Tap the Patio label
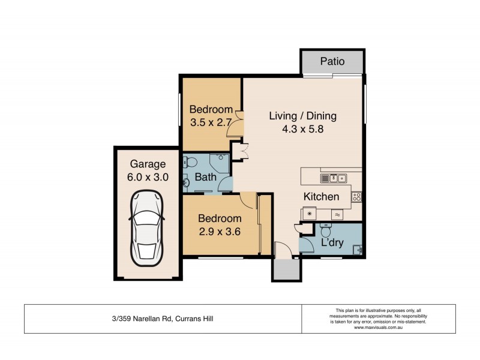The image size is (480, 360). click(x=332, y=61)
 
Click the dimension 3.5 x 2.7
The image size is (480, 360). click(x=211, y=122)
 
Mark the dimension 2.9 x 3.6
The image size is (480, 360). click(x=220, y=231)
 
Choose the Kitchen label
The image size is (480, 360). click(x=321, y=196)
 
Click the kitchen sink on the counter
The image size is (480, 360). click(x=334, y=178)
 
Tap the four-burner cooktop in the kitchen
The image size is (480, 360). click(x=356, y=196)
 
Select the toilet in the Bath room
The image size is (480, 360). click(x=191, y=162)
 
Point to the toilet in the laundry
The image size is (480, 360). click(x=325, y=230)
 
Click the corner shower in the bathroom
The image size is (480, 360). click(x=220, y=162)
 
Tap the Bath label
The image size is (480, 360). click(x=205, y=178)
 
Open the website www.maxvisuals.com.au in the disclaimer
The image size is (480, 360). click(x=378, y=328)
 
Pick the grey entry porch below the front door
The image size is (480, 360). click(x=285, y=269)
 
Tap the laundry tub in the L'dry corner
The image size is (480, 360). click(x=358, y=250)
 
